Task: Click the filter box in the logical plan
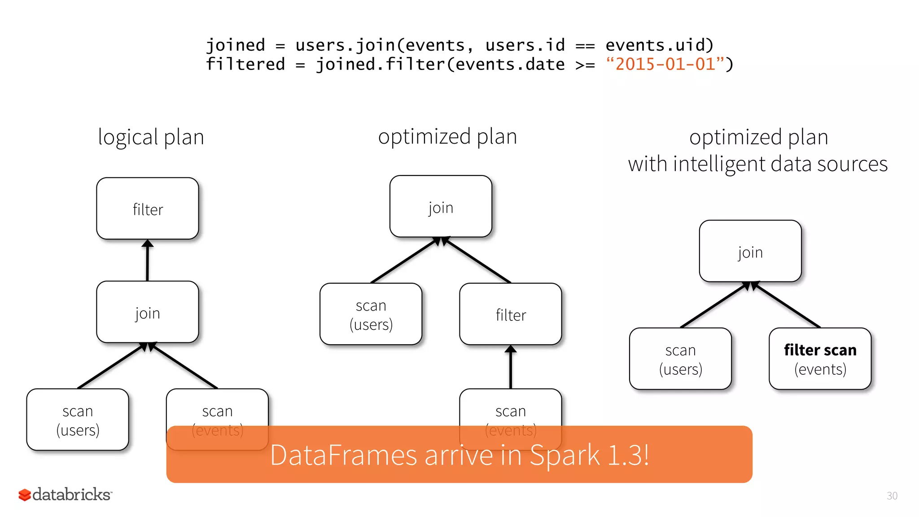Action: [148, 209]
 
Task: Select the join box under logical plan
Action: [148, 312]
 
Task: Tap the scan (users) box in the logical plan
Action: [78, 420]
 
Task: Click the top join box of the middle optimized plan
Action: [441, 207]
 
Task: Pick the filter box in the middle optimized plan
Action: [511, 314]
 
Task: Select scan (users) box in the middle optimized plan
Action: [371, 314]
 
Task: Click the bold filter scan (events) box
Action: [820, 359]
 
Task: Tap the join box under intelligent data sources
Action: [750, 251]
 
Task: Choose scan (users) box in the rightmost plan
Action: [680, 359]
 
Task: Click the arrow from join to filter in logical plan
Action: [148, 260]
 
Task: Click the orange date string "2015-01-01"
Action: [665, 64]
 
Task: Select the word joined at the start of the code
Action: [235, 45]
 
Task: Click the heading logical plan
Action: [151, 137]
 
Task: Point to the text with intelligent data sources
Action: [757, 164]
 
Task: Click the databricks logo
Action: [65, 495]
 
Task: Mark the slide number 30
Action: [892, 496]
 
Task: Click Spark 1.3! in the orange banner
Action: [589, 455]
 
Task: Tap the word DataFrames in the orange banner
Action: [343, 455]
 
